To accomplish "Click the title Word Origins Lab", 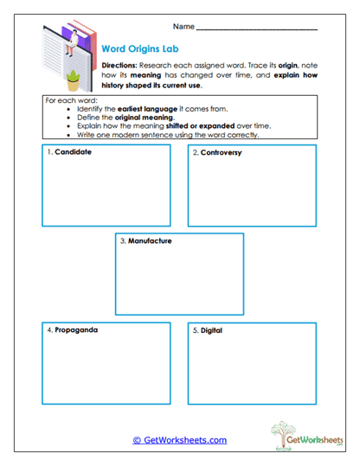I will click(x=138, y=49).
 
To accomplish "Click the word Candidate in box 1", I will click(x=73, y=152).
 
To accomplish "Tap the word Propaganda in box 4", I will click(x=75, y=330).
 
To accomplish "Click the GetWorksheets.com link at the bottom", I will click(x=179, y=440).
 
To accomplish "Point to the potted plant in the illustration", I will click(x=73, y=80).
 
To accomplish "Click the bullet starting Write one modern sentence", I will click(x=172, y=136).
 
